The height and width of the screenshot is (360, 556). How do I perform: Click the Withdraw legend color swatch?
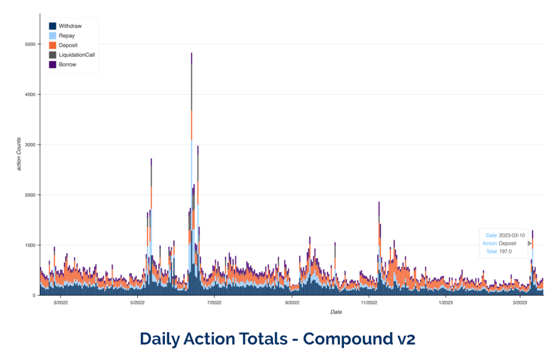[53, 26]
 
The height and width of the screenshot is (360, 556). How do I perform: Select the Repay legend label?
[67, 36]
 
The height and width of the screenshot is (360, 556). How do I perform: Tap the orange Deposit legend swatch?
[53, 45]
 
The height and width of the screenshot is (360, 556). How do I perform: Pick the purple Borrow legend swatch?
[53, 64]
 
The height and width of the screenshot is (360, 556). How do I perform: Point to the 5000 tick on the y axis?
[28, 44]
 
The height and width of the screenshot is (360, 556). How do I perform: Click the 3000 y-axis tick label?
[28, 144]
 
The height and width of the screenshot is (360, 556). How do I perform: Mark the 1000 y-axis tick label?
[28, 245]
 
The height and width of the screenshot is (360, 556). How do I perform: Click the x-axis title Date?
[335, 312]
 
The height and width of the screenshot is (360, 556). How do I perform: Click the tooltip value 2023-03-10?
[512, 235]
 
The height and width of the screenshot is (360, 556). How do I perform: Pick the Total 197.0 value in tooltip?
[505, 251]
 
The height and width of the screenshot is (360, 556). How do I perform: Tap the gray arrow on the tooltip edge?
[530, 243]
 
